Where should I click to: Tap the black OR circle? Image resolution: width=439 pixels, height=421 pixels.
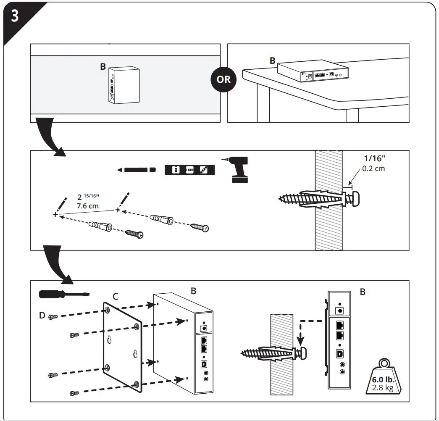223,79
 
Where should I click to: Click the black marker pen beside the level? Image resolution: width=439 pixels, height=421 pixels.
137,170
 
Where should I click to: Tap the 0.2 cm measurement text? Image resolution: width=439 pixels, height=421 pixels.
373,168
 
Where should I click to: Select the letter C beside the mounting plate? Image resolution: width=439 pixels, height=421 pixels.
115,297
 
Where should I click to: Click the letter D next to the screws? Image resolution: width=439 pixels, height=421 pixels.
42,315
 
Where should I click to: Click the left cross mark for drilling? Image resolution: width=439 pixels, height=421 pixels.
55,215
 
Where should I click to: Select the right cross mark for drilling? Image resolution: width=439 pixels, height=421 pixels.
118,209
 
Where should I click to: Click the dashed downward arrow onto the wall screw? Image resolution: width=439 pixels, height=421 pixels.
300,332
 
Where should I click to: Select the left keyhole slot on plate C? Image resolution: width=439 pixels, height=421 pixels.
109,341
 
